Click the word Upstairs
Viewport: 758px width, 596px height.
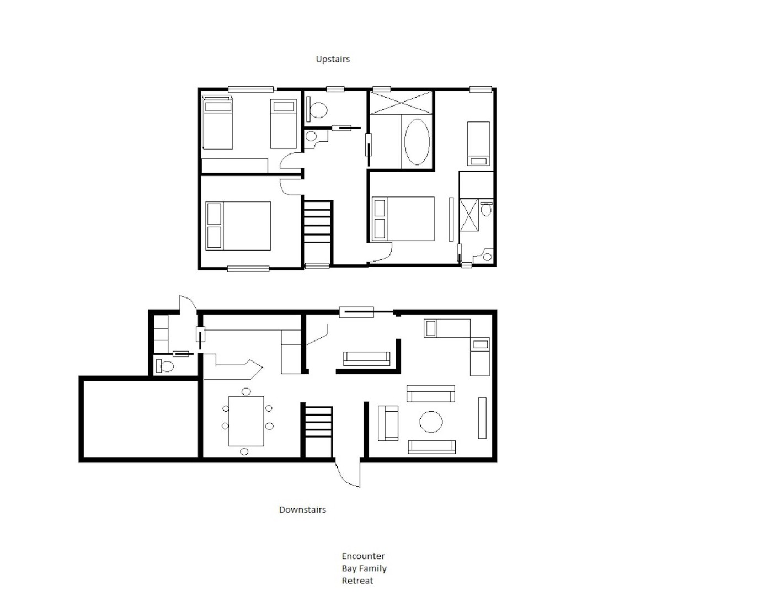click(333, 59)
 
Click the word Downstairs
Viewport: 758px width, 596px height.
click(302, 509)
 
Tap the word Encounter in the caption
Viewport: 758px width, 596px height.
click(363, 556)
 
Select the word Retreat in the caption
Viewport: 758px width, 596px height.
click(357, 581)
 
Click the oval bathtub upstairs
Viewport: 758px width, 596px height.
click(417, 142)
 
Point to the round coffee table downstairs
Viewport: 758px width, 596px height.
click(431, 422)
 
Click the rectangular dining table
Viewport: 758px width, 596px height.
click(246, 421)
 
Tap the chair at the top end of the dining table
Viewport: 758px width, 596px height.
click(246, 391)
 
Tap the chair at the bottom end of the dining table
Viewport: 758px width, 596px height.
click(244, 451)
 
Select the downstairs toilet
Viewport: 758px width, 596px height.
click(165, 366)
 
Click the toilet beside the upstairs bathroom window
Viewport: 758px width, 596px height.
click(317, 110)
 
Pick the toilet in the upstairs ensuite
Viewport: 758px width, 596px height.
click(486, 209)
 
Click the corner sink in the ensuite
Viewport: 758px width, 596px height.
click(485, 256)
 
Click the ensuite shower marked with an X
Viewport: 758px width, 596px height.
click(469, 215)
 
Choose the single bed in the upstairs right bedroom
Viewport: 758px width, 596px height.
click(478, 143)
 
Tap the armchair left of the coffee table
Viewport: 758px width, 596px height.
click(388, 423)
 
